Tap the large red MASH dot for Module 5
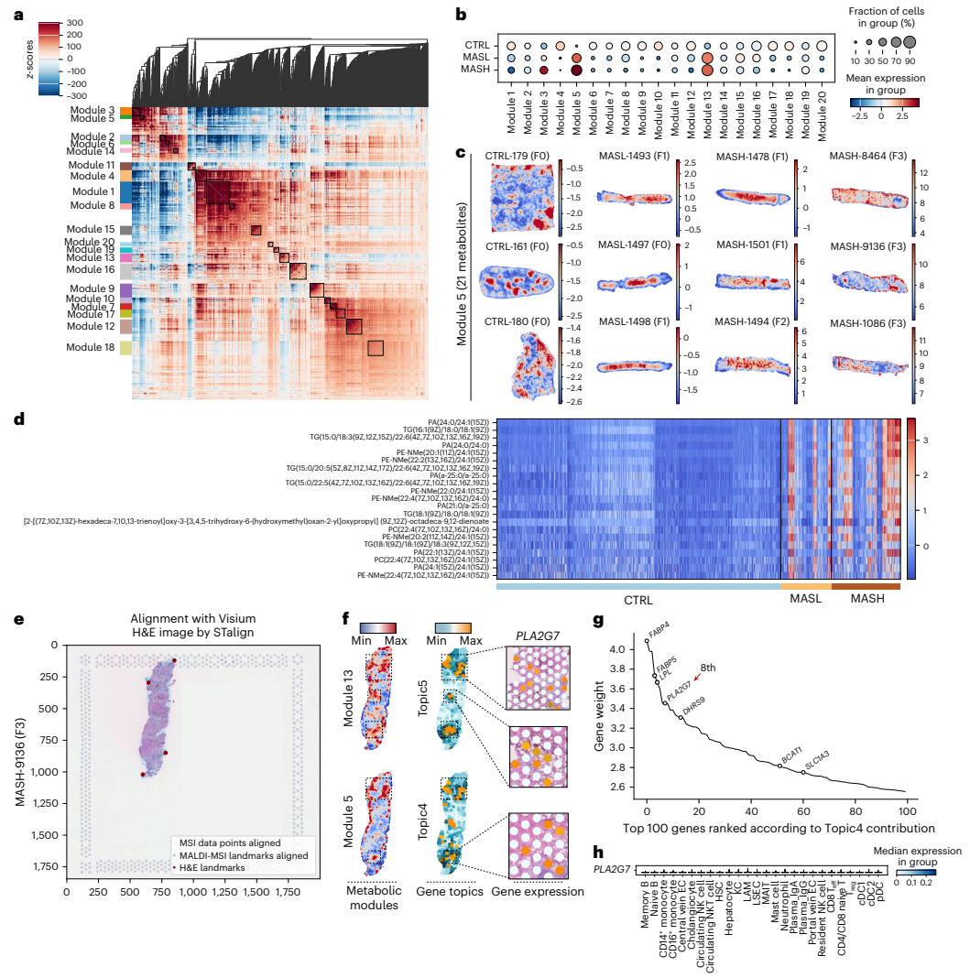[576, 70]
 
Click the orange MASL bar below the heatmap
[805, 586]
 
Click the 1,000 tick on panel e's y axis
[42, 772]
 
